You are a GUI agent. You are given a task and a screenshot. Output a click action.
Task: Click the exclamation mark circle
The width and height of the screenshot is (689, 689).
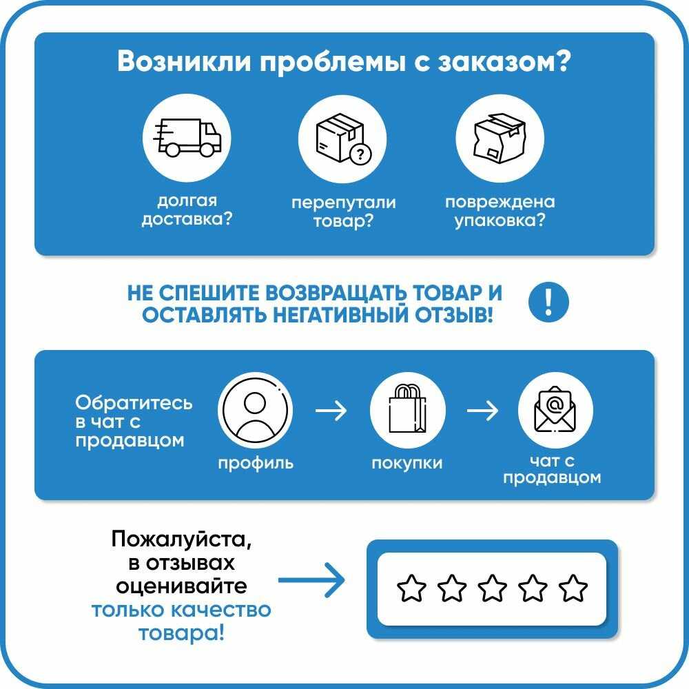coord(548,302)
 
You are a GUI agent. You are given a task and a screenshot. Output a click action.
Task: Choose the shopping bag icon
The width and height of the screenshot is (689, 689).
coord(407,411)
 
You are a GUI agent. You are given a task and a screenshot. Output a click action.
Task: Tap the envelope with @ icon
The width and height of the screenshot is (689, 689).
coord(555,411)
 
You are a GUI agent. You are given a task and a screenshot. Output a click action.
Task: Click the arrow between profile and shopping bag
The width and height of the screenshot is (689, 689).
coord(331,411)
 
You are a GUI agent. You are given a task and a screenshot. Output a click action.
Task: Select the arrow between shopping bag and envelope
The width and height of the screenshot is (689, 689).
coord(482,411)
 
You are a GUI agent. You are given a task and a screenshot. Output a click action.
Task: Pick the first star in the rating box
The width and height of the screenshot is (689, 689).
coord(412,588)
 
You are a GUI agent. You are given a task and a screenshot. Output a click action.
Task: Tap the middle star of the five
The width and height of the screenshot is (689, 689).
coord(492,588)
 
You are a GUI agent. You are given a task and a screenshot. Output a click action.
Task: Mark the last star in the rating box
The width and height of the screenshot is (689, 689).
coord(573,588)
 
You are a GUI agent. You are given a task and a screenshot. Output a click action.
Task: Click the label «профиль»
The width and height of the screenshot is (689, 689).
coord(256,463)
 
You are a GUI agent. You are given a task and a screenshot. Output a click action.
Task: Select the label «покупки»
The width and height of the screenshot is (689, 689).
coord(407,463)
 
